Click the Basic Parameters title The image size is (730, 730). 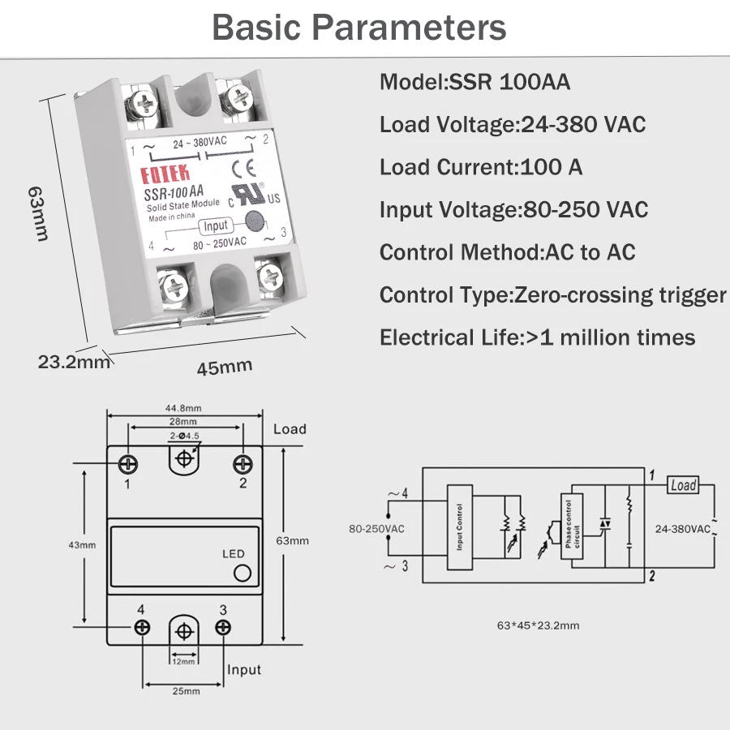359,28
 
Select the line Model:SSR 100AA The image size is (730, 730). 474,83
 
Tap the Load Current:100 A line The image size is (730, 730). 481,167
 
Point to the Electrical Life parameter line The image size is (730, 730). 537,337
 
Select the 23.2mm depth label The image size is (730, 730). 74,362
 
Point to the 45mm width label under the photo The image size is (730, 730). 225,367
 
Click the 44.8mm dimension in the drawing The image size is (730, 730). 183,408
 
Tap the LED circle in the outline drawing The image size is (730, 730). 241,574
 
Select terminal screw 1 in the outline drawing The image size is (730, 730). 128,463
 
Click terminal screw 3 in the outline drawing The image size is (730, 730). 222,627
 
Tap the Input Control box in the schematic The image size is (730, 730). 460,528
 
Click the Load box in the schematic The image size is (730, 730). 683,485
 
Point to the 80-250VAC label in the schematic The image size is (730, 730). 376,529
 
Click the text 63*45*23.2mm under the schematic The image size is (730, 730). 538,625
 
